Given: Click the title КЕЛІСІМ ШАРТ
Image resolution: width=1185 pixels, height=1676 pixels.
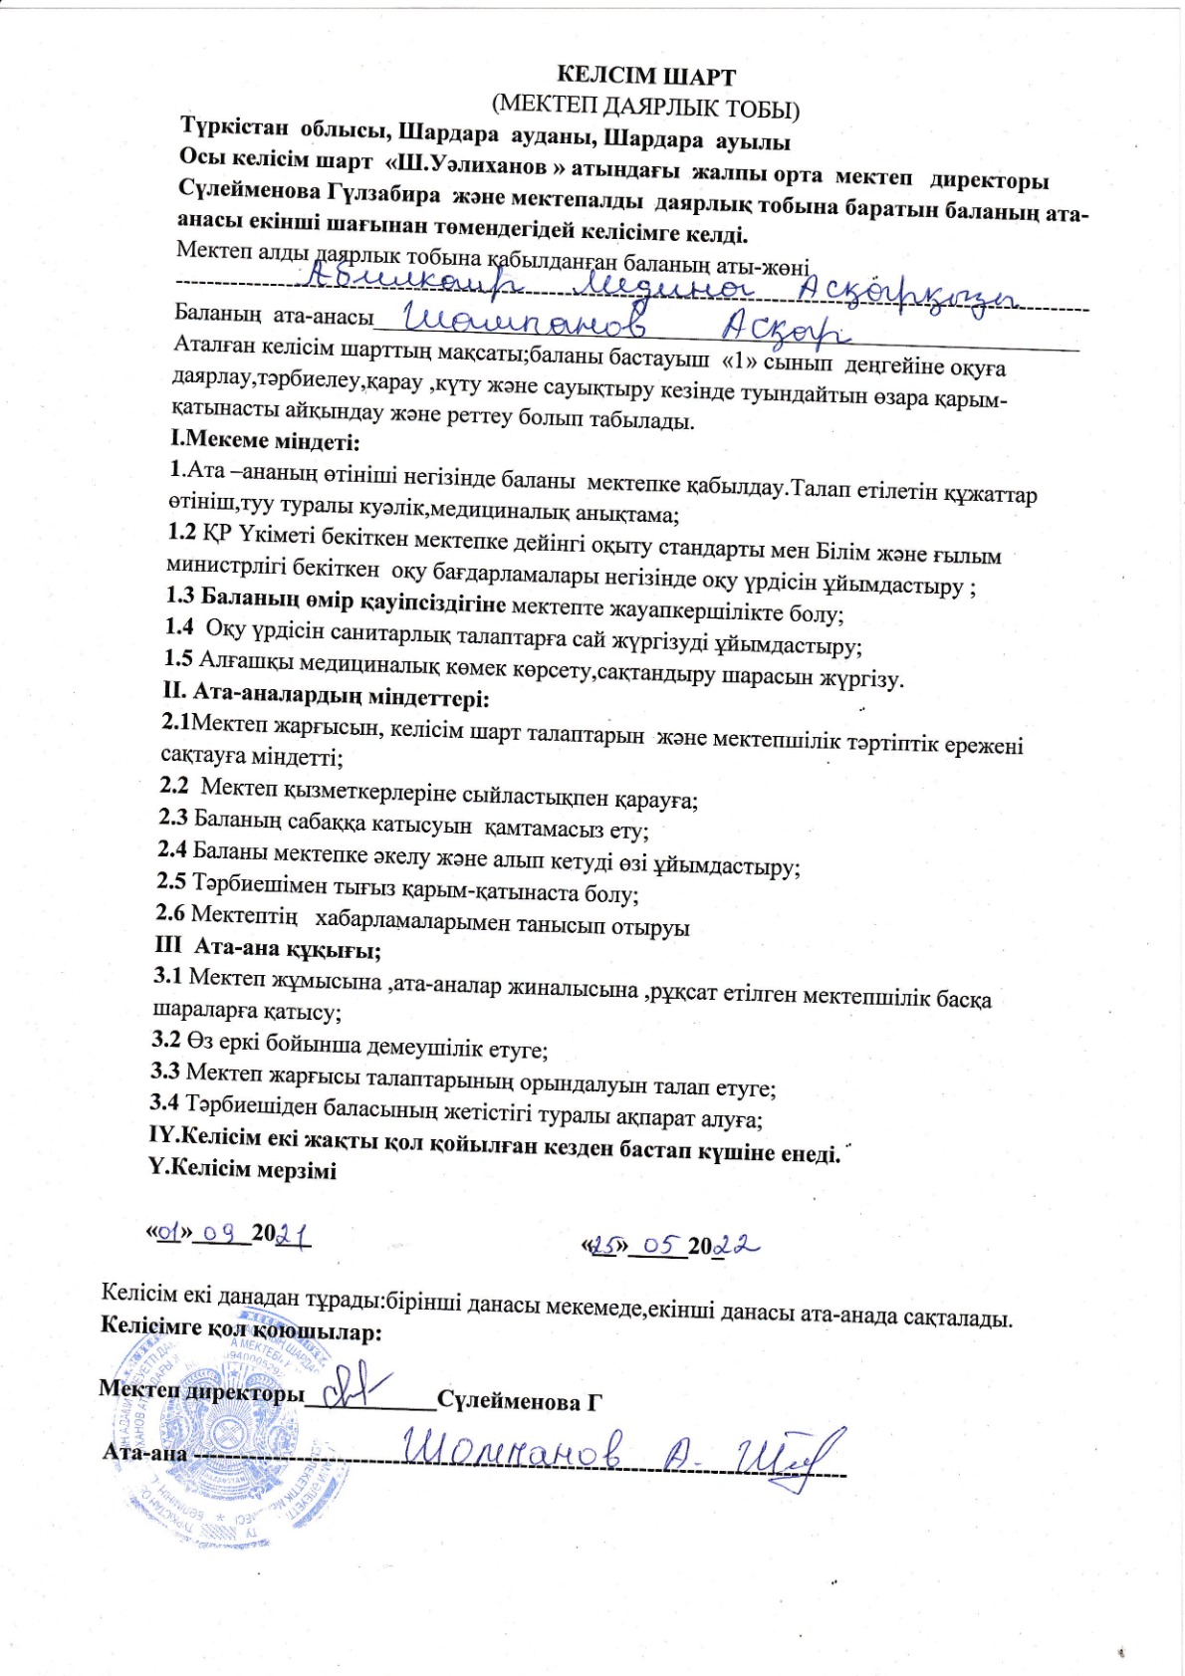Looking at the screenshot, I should click(x=645, y=76).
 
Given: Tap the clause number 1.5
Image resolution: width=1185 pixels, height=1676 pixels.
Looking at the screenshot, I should click(x=178, y=658).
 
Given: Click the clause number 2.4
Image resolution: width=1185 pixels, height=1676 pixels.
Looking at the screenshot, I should click(x=172, y=849).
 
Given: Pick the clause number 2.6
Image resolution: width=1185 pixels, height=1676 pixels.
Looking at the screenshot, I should click(x=170, y=912).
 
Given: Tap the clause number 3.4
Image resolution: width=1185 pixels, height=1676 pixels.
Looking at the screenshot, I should click(x=164, y=1102).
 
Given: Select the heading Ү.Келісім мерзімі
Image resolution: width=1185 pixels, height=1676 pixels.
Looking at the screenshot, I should click(x=242, y=1168).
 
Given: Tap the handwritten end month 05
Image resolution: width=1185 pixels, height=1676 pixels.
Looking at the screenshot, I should click(x=658, y=1245).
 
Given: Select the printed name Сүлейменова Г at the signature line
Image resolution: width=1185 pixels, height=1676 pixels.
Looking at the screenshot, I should click(x=520, y=1400).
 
